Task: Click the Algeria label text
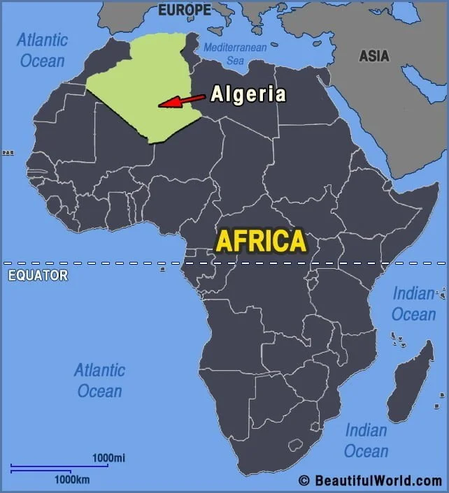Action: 248,94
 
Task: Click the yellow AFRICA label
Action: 261,241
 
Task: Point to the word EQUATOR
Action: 38,275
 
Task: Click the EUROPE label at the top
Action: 185,10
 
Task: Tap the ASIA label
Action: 374,56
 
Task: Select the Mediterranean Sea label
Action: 235,54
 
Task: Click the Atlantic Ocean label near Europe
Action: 42,50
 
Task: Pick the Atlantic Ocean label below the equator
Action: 100,380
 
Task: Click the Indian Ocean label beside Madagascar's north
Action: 413,304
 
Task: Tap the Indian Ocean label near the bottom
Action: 366,440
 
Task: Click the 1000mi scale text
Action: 109,457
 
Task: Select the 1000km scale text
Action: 72,480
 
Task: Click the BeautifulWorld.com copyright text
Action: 370,480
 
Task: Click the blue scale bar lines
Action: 59,468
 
